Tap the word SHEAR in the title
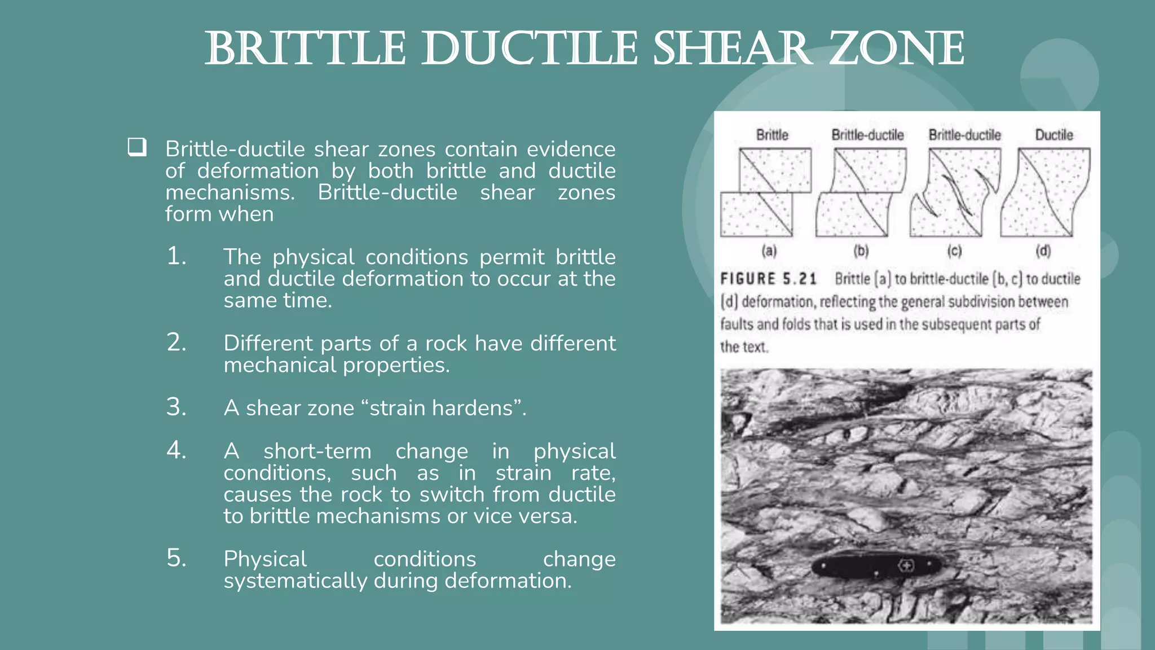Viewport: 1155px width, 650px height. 733,49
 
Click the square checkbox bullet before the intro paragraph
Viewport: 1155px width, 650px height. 137,147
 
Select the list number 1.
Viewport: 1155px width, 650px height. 176,257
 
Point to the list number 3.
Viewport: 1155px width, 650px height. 176,407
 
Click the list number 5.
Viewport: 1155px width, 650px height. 176,559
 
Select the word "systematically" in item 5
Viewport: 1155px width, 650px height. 295,581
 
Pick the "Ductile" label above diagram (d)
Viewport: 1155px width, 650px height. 1053,135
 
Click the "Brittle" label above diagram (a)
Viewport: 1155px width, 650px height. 772,135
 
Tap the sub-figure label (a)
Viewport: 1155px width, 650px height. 769,251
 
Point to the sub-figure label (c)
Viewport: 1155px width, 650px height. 954,251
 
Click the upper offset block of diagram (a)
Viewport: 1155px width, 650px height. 775,170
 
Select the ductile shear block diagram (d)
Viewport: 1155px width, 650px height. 1045,192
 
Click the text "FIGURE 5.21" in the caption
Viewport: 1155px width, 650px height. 768,279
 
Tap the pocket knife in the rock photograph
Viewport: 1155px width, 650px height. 877,565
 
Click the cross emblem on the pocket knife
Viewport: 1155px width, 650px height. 907,565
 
